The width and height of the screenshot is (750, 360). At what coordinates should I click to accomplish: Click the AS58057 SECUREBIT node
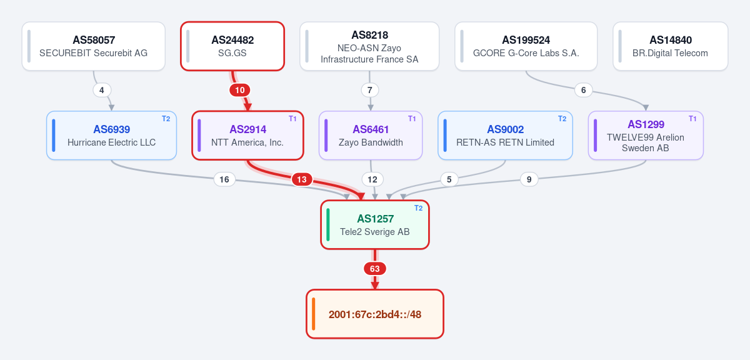(x=93, y=46)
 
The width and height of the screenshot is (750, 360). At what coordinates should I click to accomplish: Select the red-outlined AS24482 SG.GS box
(x=232, y=46)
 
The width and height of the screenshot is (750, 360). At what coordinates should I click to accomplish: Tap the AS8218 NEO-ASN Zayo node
(x=369, y=46)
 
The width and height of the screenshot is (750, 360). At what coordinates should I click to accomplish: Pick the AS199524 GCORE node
(x=526, y=46)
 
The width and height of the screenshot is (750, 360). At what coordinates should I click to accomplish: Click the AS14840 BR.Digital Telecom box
(x=670, y=46)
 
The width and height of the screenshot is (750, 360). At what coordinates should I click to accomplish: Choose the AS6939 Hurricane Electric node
(x=111, y=135)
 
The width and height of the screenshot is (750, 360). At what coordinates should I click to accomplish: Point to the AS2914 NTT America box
(x=247, y=135)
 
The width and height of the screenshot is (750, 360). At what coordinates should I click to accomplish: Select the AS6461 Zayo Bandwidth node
(x=371, y=135)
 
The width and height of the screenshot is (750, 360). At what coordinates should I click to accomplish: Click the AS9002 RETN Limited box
(x=505, y=135)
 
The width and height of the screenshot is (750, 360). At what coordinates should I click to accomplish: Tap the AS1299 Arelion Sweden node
(x=646, y=135)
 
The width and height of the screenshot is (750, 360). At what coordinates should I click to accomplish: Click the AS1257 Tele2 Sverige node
(x=375, y=225)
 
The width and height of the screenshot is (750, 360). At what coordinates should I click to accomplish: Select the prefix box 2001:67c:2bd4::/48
(x=375, y=314)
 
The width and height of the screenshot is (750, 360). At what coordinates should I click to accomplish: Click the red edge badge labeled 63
(x=375, y=269)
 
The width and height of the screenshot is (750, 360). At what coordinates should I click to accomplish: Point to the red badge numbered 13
(x=302, y=179)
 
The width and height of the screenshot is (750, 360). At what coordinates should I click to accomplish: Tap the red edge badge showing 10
(x=240, y=90)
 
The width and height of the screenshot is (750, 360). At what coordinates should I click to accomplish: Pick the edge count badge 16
(x=224, y=179)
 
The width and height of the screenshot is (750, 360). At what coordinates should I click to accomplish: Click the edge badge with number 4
(x=102, y=90)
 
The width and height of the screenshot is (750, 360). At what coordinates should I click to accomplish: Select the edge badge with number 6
(x=584, y=90)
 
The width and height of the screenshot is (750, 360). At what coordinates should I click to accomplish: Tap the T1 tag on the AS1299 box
(x=692, y=119)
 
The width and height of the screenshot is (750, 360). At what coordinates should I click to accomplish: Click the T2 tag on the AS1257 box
(x=419, y=208)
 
